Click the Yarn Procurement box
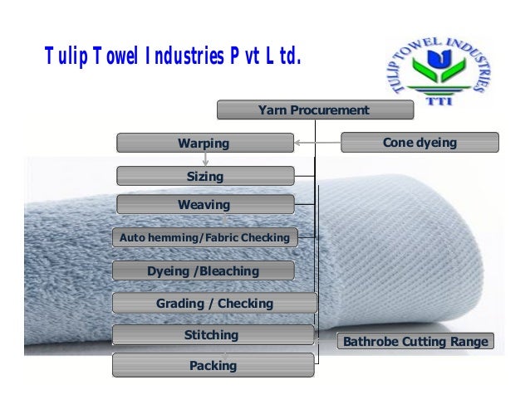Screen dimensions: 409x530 click(x=313, y=110)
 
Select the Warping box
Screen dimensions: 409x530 click(x=204, y=143)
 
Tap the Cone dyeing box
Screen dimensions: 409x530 click(x=420, y=143)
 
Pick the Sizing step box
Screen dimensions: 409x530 click(x=204, y=176)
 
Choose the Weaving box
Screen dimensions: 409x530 click(x=204, y=204)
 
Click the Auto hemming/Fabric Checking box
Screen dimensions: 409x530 click(x=204, y=238)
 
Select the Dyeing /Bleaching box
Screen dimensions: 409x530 click(x=204, y=270)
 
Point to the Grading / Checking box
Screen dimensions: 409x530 click(x=214, y=303)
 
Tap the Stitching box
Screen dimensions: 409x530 click(x=212, y=335)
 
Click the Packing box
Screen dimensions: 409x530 click(x=213, y=365)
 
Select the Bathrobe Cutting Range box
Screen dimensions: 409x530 click(x=415, y=342)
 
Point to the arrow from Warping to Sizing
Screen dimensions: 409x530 click(x=204, y=159)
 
